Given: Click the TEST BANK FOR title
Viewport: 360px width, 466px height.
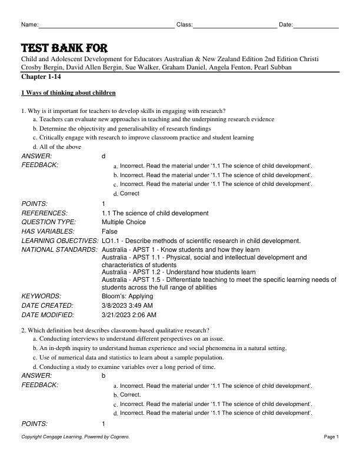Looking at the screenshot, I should (x=64, y=48).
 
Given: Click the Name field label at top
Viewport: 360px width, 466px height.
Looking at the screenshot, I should (x=29, y=25).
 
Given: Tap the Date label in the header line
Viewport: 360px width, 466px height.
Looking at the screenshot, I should (x=285, y=25).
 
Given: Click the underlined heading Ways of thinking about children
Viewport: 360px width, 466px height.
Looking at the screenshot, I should (x=68, y=93).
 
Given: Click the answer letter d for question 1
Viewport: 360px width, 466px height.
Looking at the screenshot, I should (x=104, y=156).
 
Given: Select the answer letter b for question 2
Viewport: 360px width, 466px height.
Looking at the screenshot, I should (x=104, y=375).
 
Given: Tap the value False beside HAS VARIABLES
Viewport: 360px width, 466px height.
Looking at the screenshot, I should (x=109, y=232).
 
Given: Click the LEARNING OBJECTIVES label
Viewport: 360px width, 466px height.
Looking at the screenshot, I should (x=59, y=241).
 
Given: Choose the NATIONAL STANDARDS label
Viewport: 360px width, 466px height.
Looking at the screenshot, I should (x=59, y=250).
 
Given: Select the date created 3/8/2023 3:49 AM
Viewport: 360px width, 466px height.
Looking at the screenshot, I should (x=128, y=306).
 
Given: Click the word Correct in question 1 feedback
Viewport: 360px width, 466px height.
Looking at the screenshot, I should (x=130, y=194).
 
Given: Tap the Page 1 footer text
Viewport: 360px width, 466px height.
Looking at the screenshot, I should (x=331, y=437).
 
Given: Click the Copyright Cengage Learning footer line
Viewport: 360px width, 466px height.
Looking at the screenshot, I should (x=75, y=437).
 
